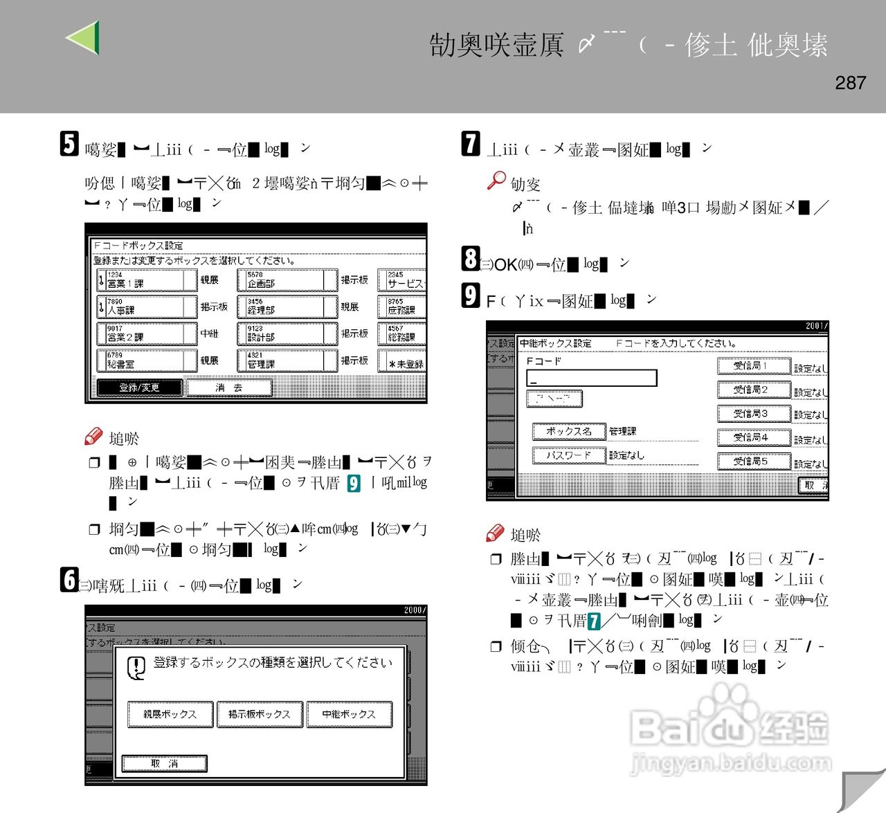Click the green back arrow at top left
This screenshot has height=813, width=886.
[x=83, y=37]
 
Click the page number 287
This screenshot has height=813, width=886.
[x=850, y=83]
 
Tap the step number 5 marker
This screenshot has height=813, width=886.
[x=69, y=144]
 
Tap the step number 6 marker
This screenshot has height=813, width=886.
[x=69, y=580]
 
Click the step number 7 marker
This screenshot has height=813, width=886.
[x=471, y=143]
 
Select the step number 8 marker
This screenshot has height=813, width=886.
[x=471, y=259]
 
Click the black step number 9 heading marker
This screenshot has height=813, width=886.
[x=471, y=295]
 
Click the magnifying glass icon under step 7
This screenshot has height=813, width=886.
[x=496, y=181]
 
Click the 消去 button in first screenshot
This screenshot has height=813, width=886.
[x=229, y=387]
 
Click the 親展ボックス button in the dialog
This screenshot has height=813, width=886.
[x=170, y=714]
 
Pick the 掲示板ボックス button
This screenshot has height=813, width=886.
[x=260, y=714]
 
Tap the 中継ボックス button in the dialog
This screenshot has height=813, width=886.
[x=349, y=714]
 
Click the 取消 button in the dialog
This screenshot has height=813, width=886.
[x=165, y=764]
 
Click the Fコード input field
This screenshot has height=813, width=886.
[x=591, y=378]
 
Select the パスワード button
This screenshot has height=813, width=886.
[x=568, y=455]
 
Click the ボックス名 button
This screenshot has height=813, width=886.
[x=568, y=431]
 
